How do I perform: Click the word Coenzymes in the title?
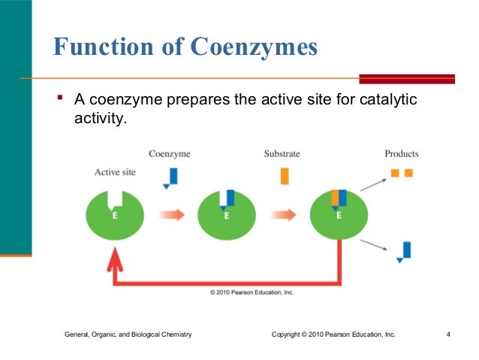[253, 48]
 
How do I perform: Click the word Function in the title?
[101, 48]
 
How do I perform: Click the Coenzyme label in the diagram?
[169, 153]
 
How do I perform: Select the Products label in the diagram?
[401, 153]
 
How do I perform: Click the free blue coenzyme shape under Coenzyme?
[172, 177]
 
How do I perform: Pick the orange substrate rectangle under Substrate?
[285, 176]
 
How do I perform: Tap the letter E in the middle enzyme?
[227, 215]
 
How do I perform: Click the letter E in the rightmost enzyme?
[339, 215]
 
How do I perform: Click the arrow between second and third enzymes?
[283, 215]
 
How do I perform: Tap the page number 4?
[447, 333]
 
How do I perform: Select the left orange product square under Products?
[395, 173]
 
